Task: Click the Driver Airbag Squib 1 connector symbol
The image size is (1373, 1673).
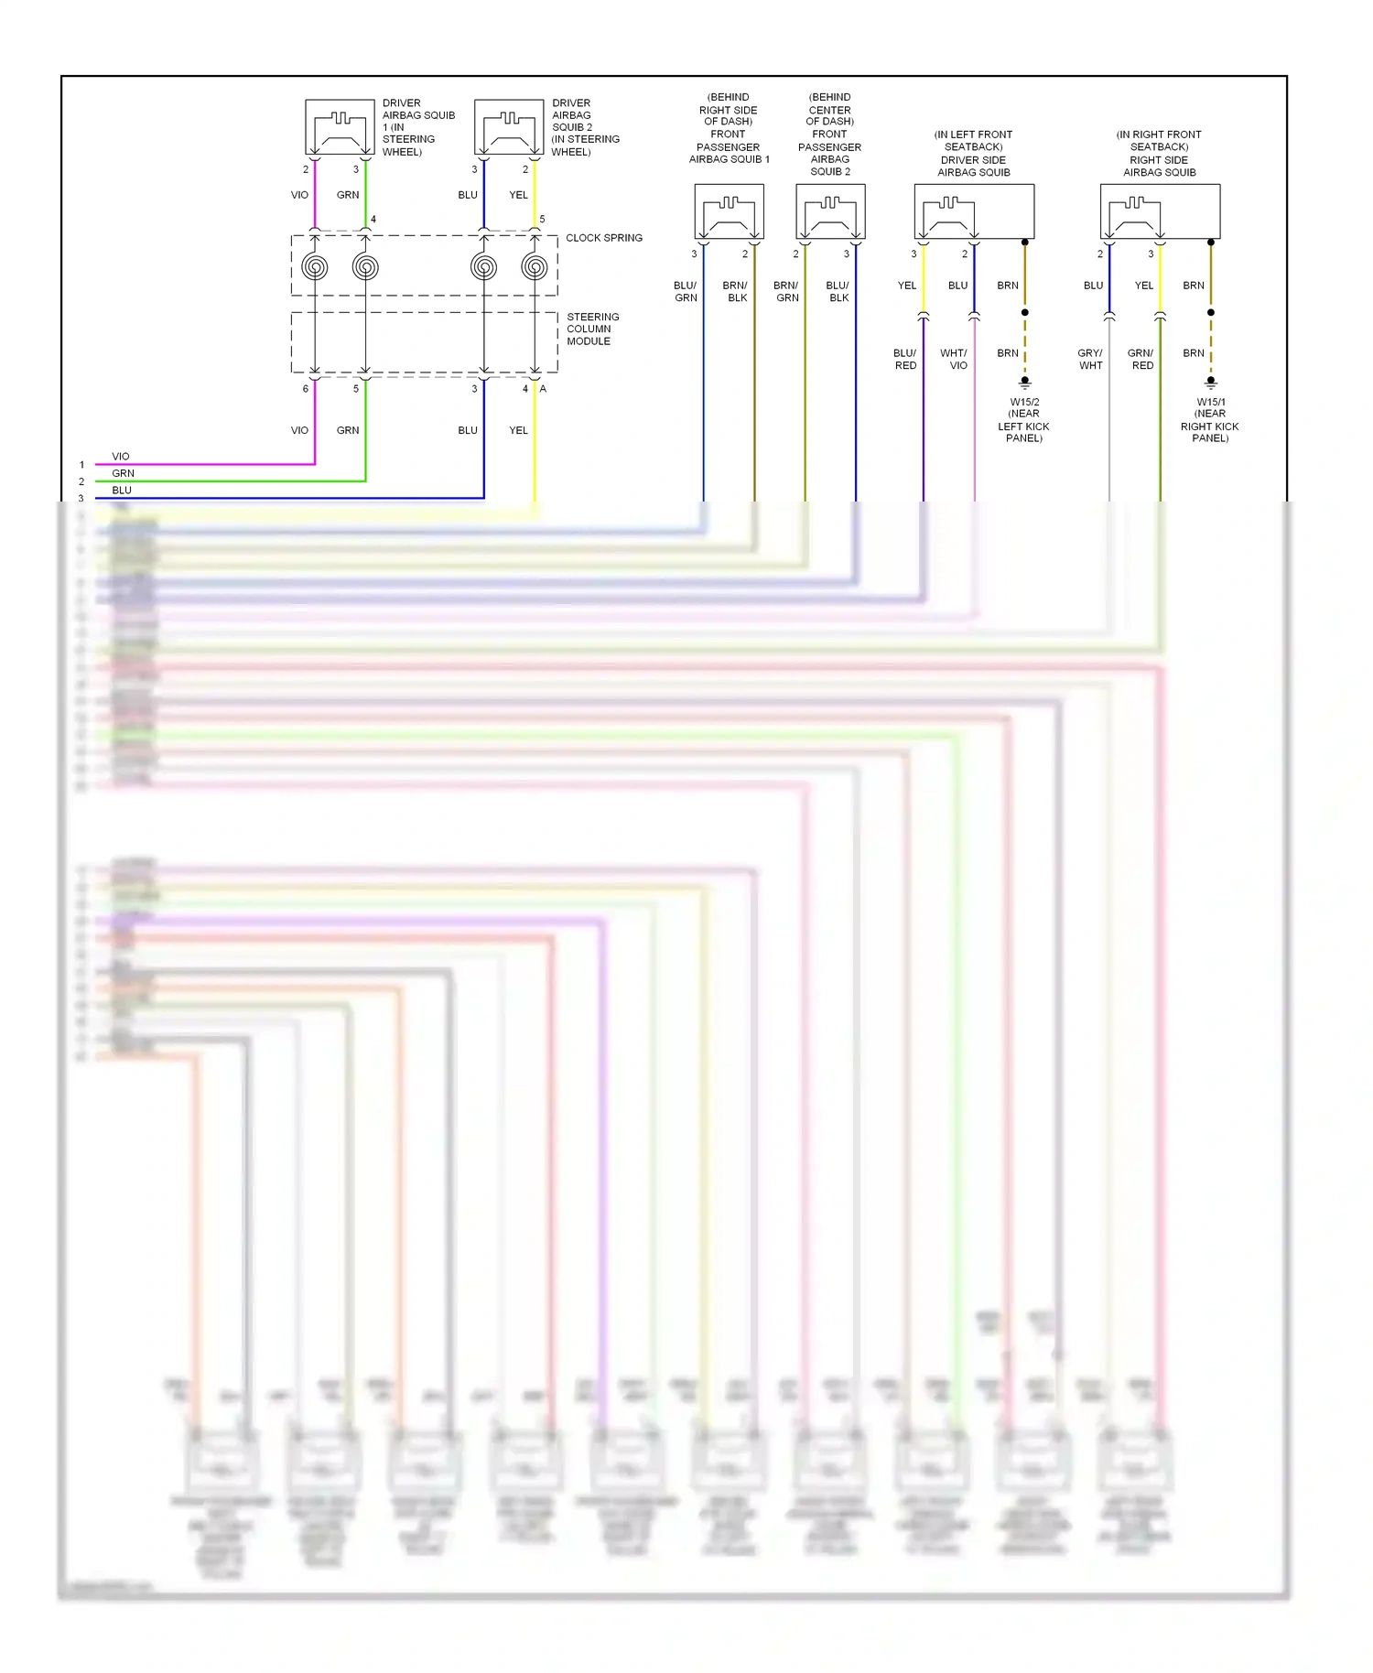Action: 340,127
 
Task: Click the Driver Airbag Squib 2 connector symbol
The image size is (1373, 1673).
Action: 509,127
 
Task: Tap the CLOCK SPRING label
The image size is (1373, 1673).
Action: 603,238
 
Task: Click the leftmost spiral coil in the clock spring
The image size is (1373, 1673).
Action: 315,267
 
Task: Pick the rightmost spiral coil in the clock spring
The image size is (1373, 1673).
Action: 535,267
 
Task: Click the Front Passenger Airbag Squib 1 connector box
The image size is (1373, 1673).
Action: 729,211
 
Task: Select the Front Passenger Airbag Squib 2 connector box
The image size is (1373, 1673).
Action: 830,211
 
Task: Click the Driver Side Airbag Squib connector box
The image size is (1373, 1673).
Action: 974,211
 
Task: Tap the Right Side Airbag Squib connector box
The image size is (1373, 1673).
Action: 1160,211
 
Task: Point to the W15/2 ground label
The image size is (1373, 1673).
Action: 1023,420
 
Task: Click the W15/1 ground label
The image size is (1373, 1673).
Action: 1210,420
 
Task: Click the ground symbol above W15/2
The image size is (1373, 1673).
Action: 1025,383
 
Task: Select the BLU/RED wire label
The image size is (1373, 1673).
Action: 904,359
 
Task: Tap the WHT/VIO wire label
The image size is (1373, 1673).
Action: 954,359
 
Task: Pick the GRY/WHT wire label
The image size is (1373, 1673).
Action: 1090,359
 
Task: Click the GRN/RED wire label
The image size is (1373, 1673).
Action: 1141,359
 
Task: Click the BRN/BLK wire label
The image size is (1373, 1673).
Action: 736,291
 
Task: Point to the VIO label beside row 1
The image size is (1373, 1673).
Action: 121,456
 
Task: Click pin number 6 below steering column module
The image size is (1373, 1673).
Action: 306,389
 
